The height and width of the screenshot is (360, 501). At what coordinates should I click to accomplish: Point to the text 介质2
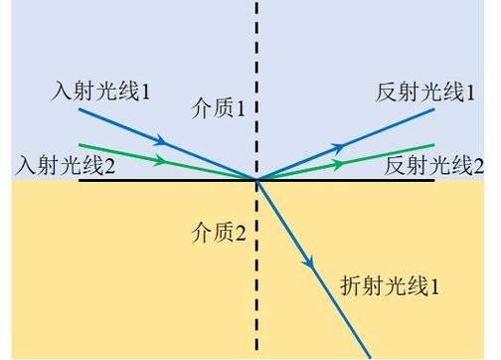pos(219,234)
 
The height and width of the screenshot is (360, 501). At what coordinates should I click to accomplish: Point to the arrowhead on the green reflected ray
pos(342,161)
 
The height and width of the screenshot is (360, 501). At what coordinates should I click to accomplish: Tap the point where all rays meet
pos(257,180)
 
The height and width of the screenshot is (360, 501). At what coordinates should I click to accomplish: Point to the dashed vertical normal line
pos(257,60)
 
